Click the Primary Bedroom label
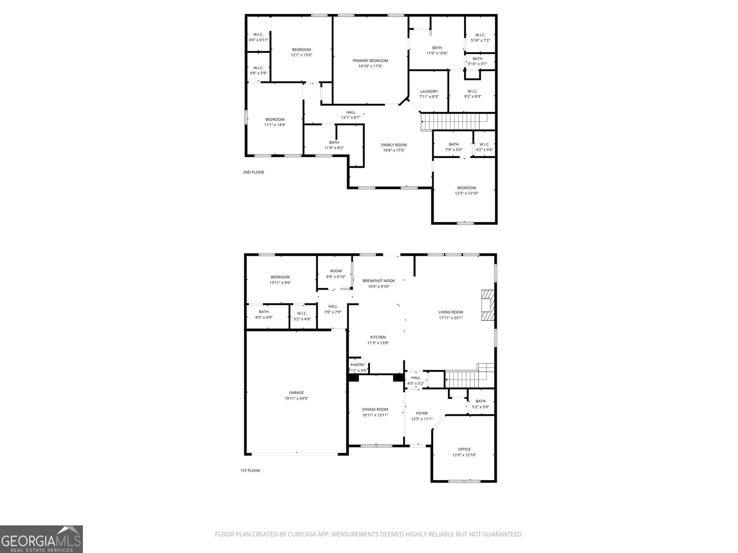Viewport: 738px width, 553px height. click(370, 61)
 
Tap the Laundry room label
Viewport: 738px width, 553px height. click(429, 91)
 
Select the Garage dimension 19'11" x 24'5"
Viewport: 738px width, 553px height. click(296, 399)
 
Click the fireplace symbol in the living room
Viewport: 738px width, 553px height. click(488, 305)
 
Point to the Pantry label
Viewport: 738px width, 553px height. click(357, 365)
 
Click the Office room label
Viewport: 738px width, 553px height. click(464, 449)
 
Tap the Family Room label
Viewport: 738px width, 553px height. click(393, 145)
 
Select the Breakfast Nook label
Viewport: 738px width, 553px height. click(379, 281)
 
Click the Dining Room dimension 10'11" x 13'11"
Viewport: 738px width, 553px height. click(375, 415)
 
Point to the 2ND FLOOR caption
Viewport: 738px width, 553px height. click(253, 172)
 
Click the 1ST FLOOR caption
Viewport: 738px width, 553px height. click(250, 471)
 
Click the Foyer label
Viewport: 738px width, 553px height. click(422, 413)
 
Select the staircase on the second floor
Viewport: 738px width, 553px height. click(454, 122)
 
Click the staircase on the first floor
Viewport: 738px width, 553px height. click(464, 379)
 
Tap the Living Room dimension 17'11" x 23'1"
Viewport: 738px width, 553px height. click(451, 318)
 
